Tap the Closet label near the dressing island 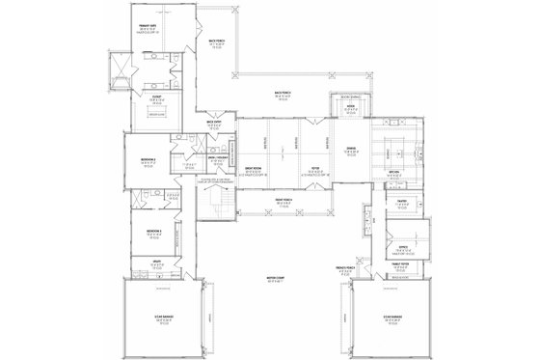pos(154,97)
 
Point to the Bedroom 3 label pos(153,233)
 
